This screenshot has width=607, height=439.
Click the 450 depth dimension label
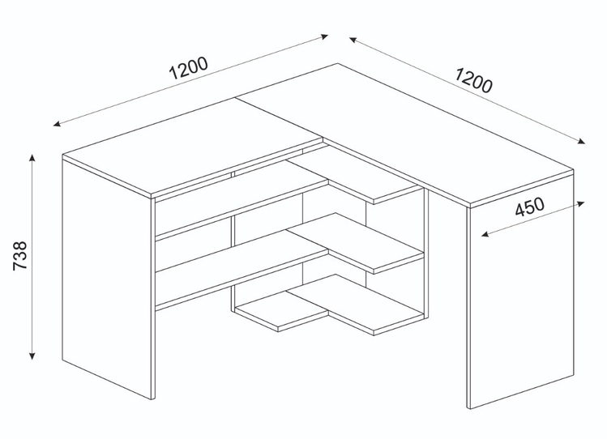528,207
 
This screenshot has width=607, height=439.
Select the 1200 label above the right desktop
473,81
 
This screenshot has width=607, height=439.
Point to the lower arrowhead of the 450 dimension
484,235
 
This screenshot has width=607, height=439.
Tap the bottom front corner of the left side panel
153,399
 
